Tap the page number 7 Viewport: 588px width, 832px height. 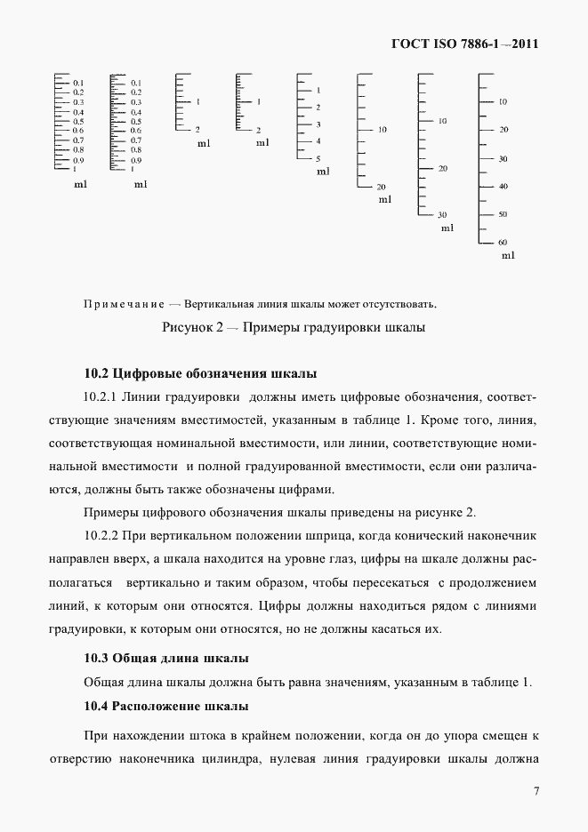tap(536, 791)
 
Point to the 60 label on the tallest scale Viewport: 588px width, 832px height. tap(503, 242)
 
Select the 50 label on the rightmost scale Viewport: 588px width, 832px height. tap(503, 214)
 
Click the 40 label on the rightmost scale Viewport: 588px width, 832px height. tap(503, 186)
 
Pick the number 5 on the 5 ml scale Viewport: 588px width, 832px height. tap(318, 158)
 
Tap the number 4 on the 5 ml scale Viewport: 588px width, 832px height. tap(318, 141)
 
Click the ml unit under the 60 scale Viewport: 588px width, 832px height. tap(508, 255)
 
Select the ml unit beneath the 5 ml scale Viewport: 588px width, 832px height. tap(324, 171)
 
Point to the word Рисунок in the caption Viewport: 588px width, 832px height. tap(186, 327)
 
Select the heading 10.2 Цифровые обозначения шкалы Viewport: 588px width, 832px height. tap(200, 372)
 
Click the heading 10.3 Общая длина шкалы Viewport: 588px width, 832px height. tap(165, 658)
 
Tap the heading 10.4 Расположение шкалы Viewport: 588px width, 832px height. tap(165, 706)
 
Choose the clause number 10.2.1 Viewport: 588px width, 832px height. tap(101, 395)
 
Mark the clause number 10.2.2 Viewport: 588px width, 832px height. tap(101, 537)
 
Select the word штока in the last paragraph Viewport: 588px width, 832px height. tap(206, 737)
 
